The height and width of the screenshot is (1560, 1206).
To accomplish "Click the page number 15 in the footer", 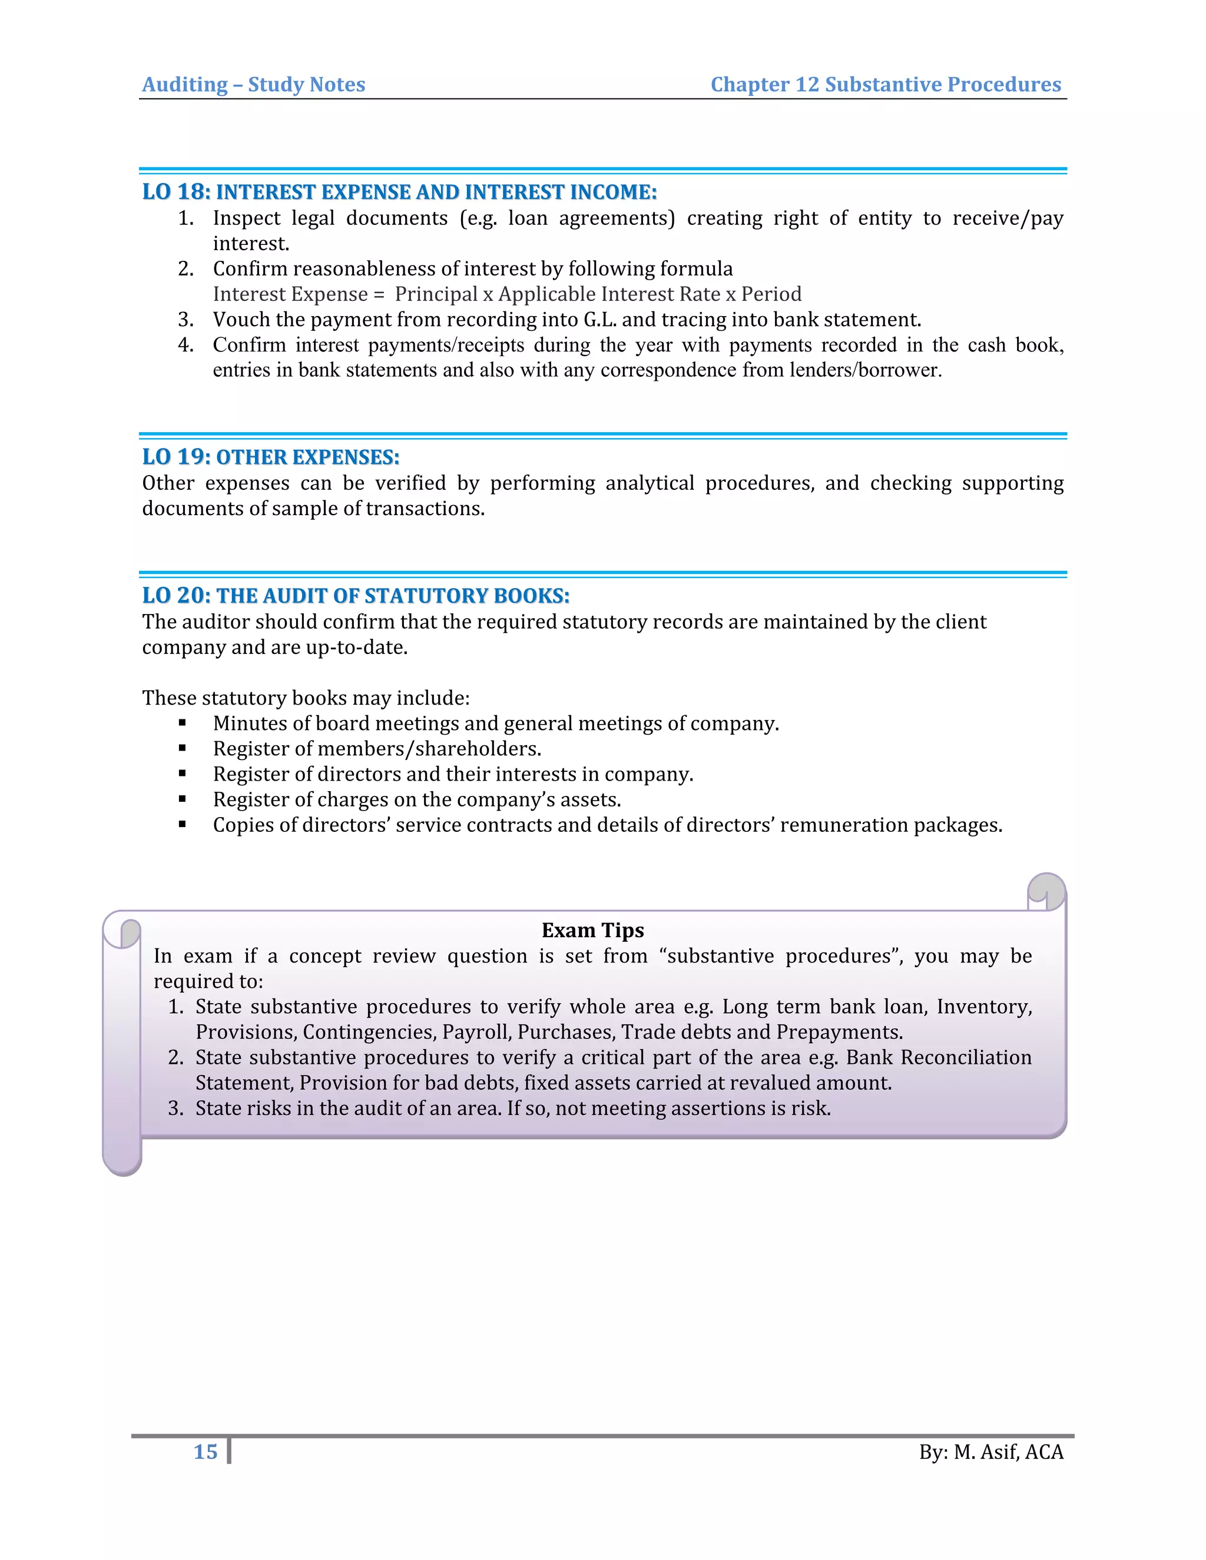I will pos(205,1452).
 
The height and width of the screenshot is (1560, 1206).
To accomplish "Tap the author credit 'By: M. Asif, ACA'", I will pos(991,1452).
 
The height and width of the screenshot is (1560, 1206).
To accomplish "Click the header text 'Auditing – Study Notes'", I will pos(254,84).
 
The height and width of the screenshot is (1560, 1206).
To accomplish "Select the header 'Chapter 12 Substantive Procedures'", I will pos(885,84).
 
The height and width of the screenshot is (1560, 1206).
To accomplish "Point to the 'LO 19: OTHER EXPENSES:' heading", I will pos(271,457).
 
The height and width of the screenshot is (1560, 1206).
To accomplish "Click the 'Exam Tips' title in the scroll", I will pos(592,930).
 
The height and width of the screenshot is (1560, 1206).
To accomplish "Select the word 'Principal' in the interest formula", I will pos(436,294).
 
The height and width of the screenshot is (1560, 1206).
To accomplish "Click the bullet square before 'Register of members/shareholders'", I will pos(183,749).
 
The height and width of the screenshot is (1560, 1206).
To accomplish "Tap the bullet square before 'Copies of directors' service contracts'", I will pos(183,824).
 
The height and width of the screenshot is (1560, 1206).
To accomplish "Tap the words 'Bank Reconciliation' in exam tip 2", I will pos(939,1057).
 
